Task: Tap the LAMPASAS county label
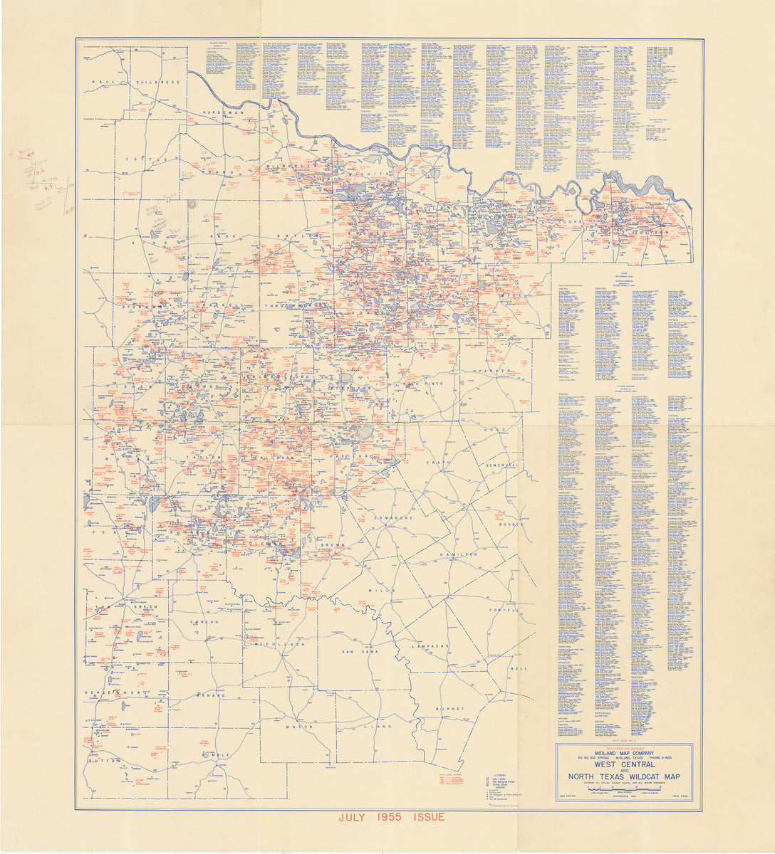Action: [x=429, y=645]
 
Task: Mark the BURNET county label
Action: [x=450, y=709]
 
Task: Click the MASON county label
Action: [x=300, y=727]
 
